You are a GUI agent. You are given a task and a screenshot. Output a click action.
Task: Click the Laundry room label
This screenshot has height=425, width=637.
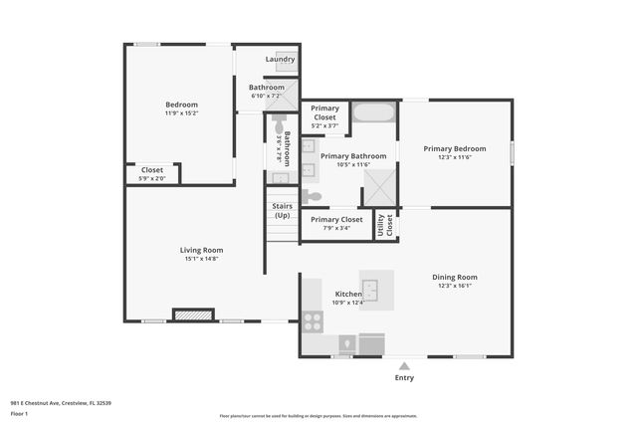point(280,59)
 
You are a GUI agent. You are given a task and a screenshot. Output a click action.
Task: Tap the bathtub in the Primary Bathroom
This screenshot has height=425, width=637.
point(373,111)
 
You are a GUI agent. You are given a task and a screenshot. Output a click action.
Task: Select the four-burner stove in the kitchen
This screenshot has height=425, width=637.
point(313,321)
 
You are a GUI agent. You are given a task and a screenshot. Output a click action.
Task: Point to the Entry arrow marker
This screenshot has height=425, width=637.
point(404,366)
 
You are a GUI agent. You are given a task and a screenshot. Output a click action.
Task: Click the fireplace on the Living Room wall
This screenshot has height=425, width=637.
point(193,315)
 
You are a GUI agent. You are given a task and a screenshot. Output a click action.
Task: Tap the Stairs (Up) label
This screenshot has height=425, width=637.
point(282,211)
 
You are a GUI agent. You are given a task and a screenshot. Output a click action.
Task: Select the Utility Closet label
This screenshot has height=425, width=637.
point(384,226)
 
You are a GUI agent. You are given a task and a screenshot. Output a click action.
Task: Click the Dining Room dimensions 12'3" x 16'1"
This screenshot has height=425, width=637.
point(455,286)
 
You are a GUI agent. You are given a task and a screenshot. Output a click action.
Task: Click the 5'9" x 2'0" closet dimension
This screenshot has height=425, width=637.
point(152,178)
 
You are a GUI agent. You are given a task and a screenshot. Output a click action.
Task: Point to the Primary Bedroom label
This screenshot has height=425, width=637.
point(455,148)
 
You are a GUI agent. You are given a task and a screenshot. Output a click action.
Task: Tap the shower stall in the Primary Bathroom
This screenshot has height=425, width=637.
point(379,186)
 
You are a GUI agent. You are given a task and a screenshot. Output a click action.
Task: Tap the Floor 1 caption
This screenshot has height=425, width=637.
point(20,412)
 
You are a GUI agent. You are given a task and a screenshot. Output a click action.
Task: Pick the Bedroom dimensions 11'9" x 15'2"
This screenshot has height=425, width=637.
point(181,113)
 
